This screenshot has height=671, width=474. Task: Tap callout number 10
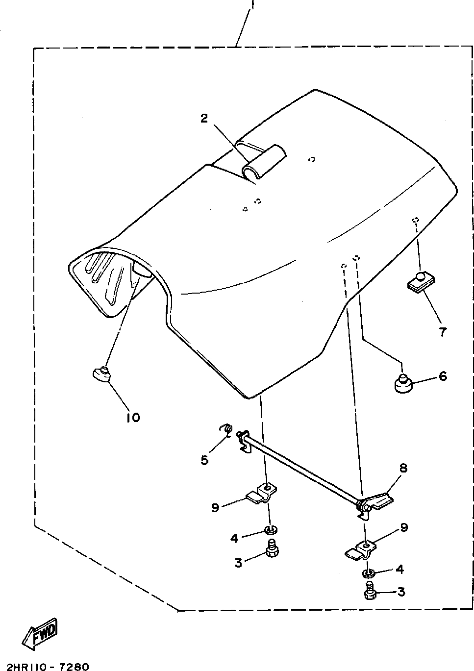[x=133, y=417]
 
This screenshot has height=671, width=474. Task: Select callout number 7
[x=443, y=332]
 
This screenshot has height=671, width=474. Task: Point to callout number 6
[x=443, y=376]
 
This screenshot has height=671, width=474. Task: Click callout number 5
[x=204, y=460]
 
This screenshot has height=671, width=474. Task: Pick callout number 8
[x=403, y=468]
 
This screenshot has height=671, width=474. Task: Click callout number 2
[x=204, y=118]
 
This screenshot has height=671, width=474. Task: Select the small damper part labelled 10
[x=101, y=374]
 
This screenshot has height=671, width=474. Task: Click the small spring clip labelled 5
[x=227, y=429]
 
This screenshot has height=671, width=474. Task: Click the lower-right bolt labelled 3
[x=370, y=592]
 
